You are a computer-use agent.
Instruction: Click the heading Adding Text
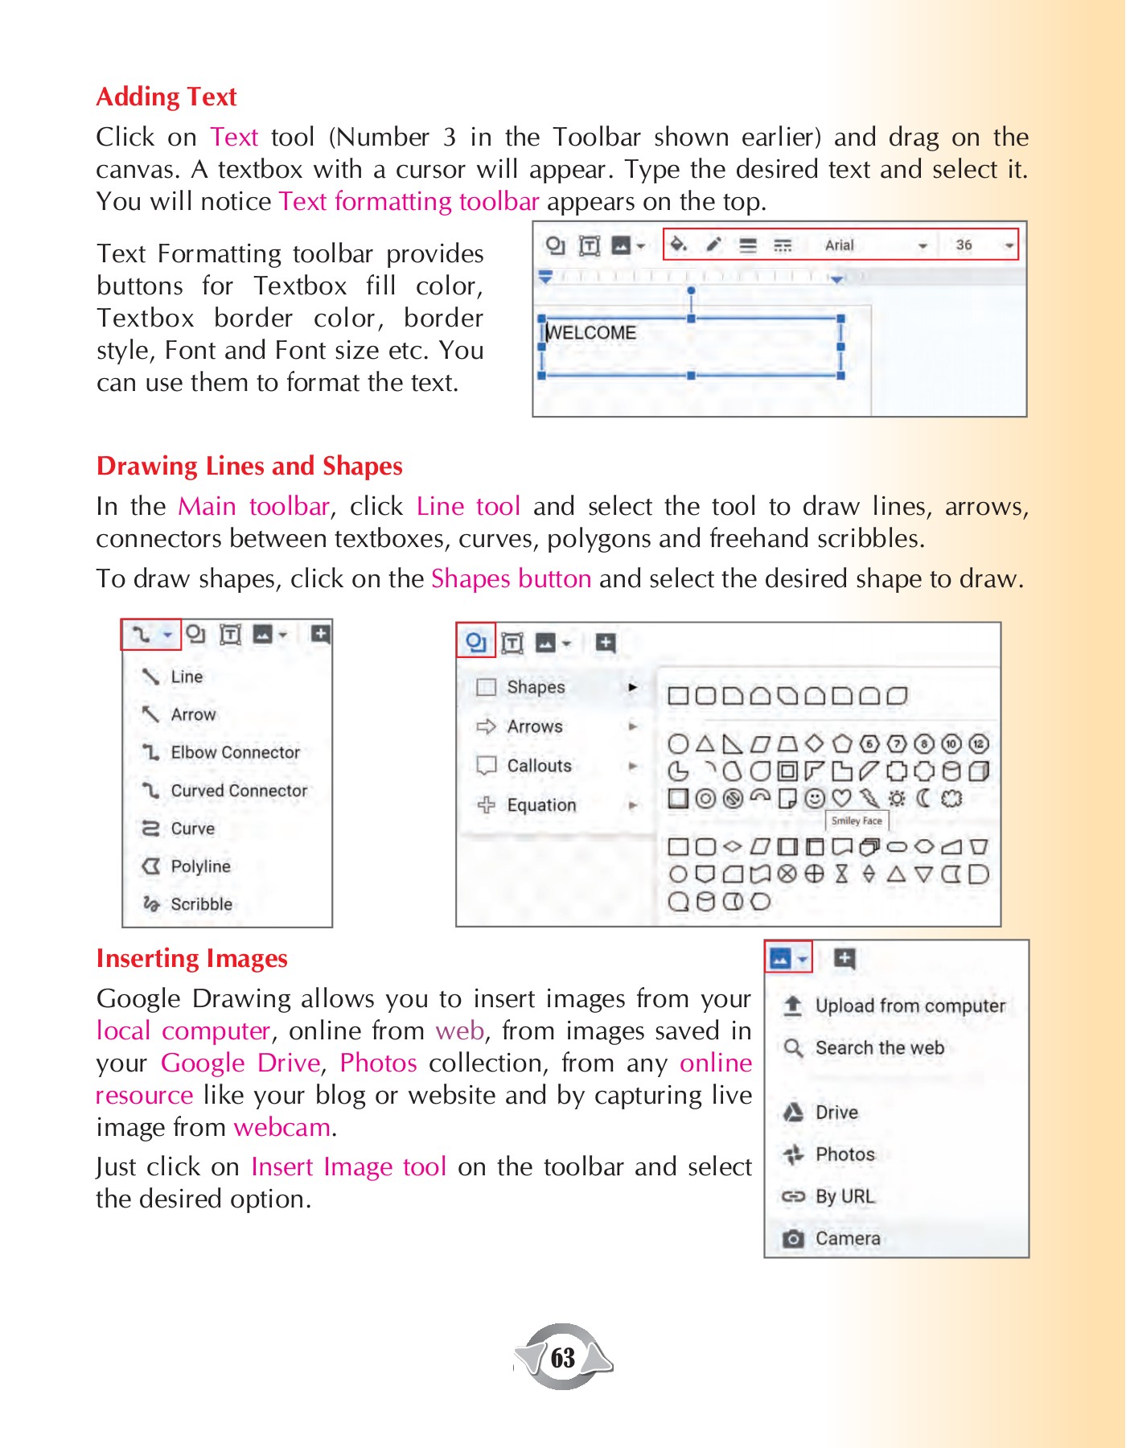pos(166,97)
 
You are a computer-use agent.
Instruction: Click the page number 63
pos(563,1358)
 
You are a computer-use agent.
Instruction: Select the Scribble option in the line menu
pos(201,904)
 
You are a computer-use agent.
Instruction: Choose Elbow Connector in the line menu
pos(235,753)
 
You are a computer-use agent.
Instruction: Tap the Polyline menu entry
pos(200,866)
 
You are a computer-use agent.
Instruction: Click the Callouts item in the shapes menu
pos(539,766)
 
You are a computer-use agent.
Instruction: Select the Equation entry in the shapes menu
pos(541,805)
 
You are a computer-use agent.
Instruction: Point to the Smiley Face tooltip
pos(857,821)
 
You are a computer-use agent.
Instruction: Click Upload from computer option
pos(910,1006)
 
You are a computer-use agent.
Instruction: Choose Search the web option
pos(879,1048)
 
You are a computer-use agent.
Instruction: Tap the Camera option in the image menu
pos(848,1239)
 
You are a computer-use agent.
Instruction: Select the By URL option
pos(844,1197)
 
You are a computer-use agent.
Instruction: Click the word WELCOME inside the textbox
pos(591,333)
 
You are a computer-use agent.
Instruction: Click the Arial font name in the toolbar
pos(839,245)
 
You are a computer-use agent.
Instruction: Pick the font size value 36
pos(964,245)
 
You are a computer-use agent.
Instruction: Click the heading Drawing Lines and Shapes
pos(249,467)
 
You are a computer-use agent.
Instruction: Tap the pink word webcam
pos(281,1128)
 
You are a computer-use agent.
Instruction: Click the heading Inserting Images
pos(191,959)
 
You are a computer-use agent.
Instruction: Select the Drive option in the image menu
pos(836,1113)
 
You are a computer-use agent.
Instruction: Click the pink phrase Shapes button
pos(511,579)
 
